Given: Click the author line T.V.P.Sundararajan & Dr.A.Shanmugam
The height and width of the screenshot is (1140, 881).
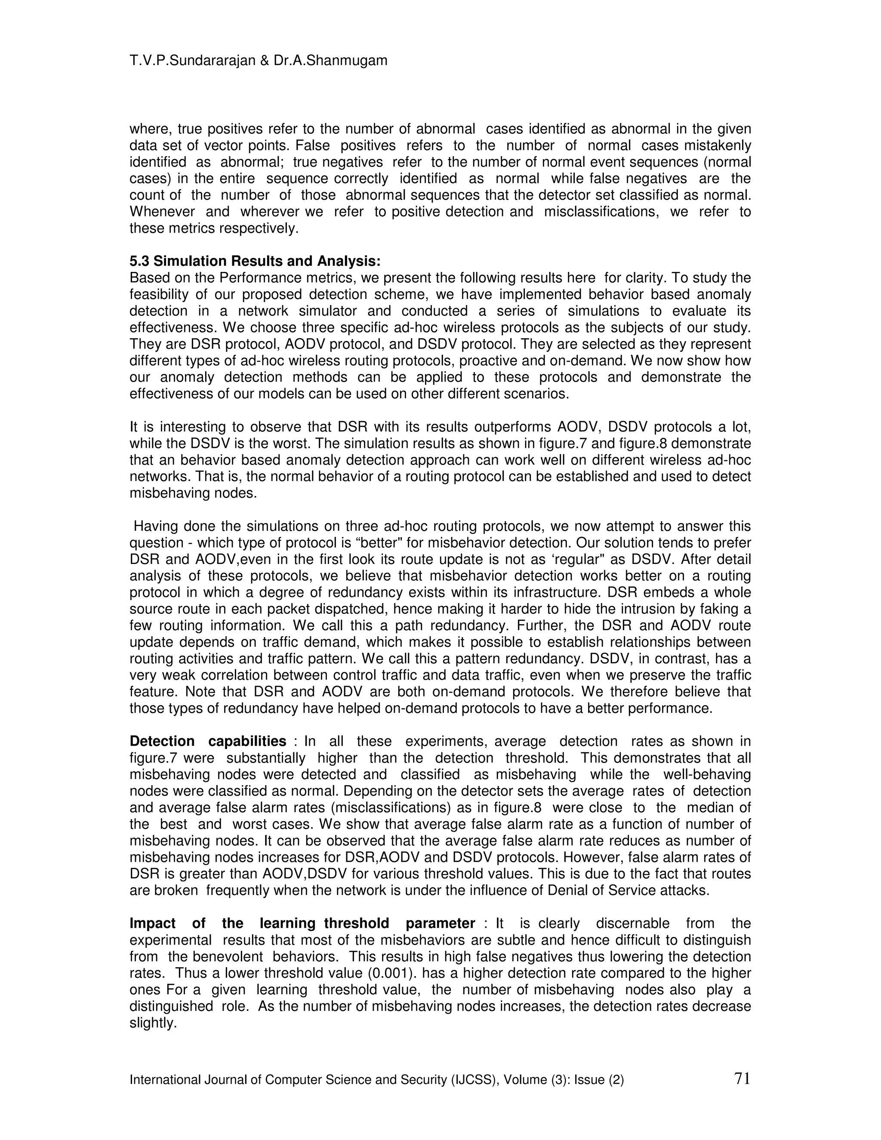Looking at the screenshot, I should click(x=259, y=61).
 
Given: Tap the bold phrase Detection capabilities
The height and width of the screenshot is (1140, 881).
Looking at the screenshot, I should click(x=208, y=741).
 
